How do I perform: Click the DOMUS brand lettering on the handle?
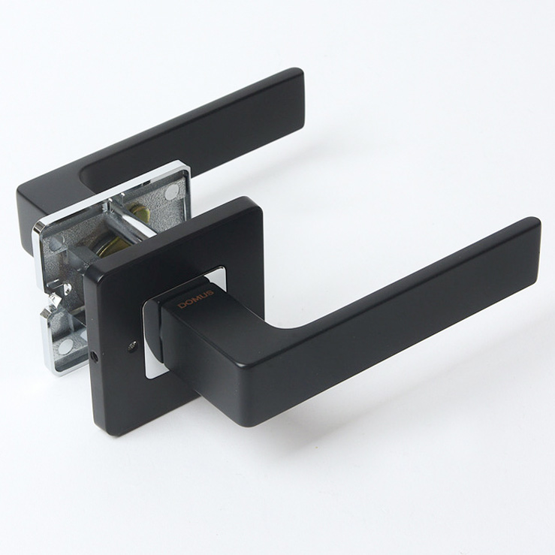(x=196, y=300)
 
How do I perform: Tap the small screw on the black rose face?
(x=133, y=345)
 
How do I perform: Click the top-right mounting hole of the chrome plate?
(x=172, y=192)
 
